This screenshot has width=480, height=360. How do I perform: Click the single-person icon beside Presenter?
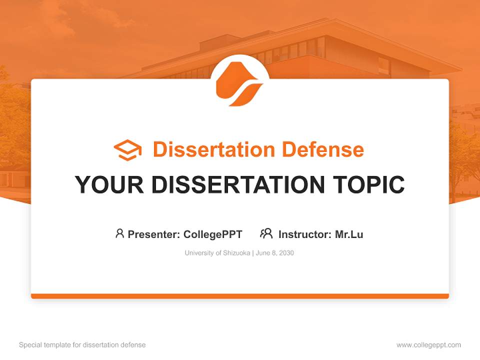pos(119,233)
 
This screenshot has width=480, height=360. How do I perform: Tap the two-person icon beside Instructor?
pos(266,233)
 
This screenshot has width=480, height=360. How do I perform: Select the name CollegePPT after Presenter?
pos(212,234)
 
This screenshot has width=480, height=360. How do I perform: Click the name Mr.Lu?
pos(349,234)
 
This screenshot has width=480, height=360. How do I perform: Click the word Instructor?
pos(305,234)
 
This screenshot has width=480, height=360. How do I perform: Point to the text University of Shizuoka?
pos(217,253)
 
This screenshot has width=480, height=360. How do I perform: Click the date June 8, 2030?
pos(275,253)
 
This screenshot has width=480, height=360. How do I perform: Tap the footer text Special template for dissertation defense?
pos(82,345)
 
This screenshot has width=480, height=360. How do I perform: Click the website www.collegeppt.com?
pos(428,345)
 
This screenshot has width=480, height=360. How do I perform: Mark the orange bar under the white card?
pos(239,296)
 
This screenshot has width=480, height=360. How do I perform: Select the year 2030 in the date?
pos(286,253)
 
